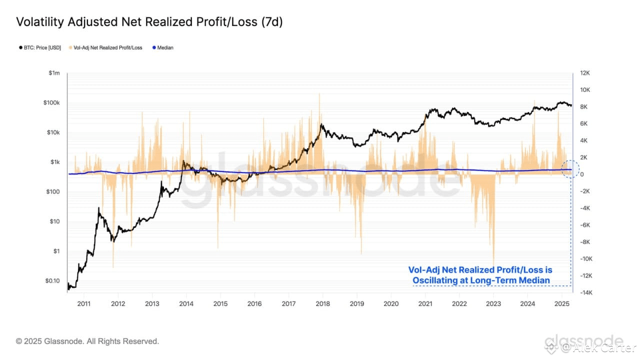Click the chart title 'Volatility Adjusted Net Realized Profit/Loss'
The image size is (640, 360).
pos(149,22)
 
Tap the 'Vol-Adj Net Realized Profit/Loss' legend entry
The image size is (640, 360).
pos(107,48)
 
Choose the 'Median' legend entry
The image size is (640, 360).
pos(165,48)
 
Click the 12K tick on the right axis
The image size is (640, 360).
pos(584,73)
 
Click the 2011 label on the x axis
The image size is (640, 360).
pos(83,303)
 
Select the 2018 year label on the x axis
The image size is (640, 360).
pos(322,303)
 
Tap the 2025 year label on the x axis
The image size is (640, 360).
pos(562,303)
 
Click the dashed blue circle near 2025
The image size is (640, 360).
pos(570,170)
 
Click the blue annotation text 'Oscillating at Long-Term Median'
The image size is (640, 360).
pos(480,280)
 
